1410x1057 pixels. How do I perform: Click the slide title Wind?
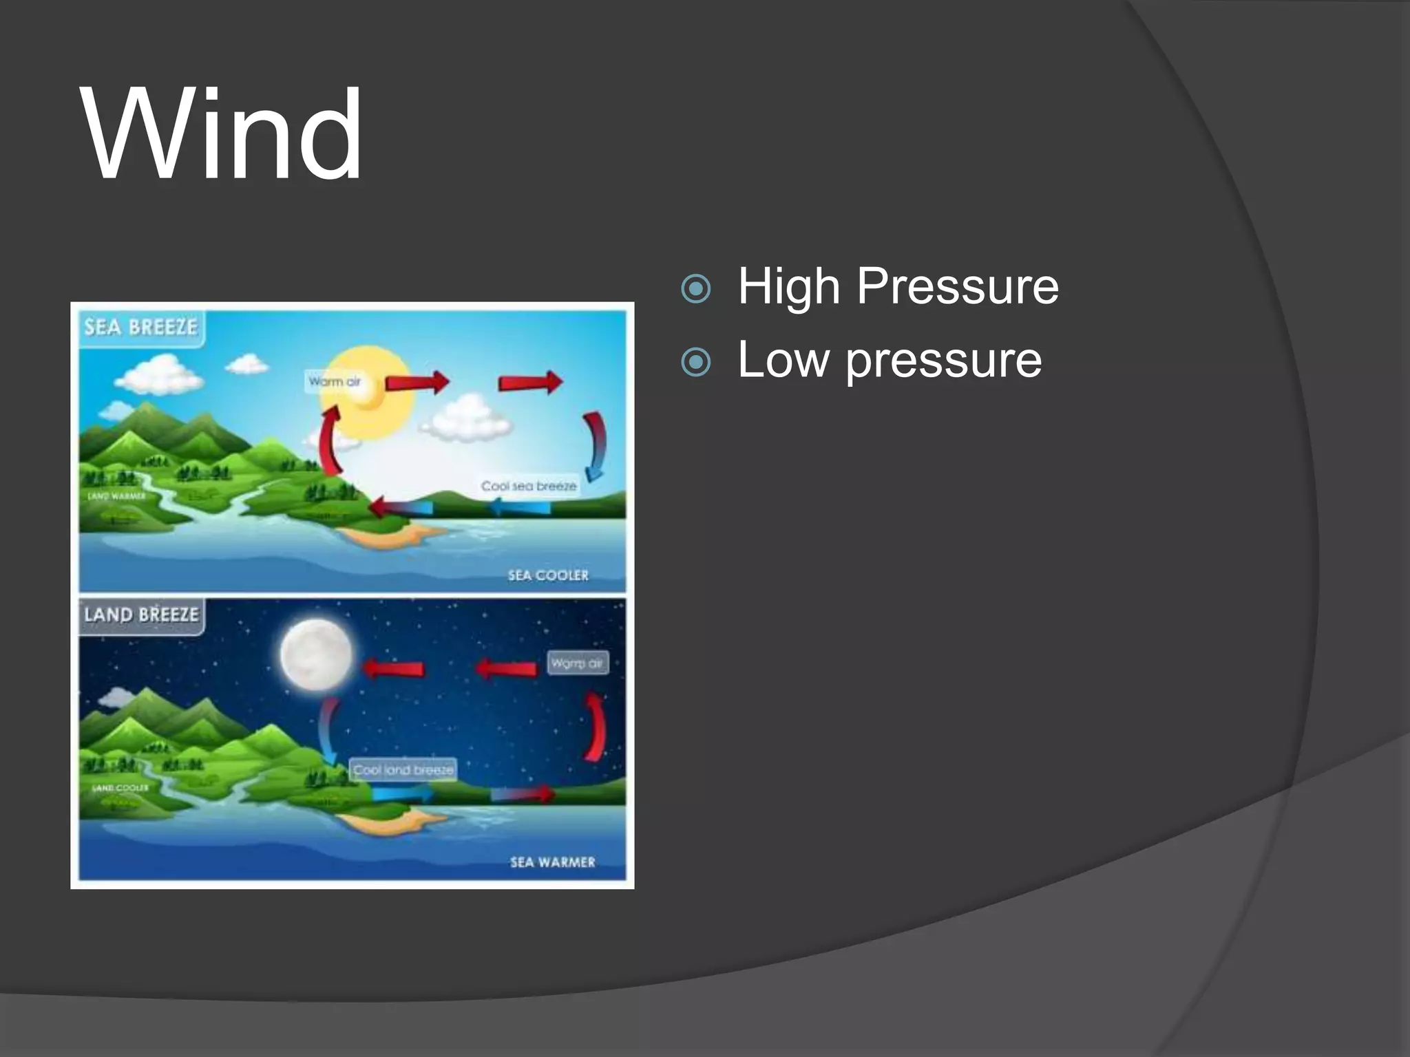coord(222,134)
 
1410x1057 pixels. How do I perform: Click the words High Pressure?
coord(898,286)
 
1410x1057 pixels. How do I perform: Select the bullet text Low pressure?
coord(890,360)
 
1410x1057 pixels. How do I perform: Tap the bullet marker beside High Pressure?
coord(695,288)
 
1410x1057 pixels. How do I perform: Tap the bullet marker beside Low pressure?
coord(695,362)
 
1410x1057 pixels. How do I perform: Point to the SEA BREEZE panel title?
coord(141,328)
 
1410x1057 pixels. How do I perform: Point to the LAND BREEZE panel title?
coord(142,615)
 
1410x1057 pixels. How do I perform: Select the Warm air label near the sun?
coord(334,382)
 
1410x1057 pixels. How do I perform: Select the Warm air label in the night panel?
coord(577,663)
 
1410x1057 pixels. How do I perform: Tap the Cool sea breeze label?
coord(529,487)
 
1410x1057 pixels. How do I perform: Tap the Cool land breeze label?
coord(403,770)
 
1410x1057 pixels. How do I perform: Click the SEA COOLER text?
coord(549,575)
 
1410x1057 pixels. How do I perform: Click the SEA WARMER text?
coord(552,862)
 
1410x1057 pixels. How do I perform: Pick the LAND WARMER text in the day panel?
coord(117,496)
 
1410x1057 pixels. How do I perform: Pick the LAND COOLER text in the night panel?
coord(120,787)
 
